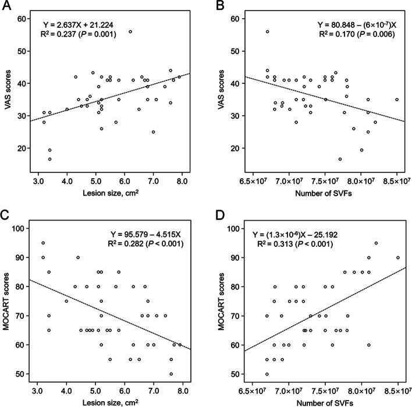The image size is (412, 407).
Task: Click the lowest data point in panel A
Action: click(50, 159)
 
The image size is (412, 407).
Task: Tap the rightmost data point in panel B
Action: click(397, 100)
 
